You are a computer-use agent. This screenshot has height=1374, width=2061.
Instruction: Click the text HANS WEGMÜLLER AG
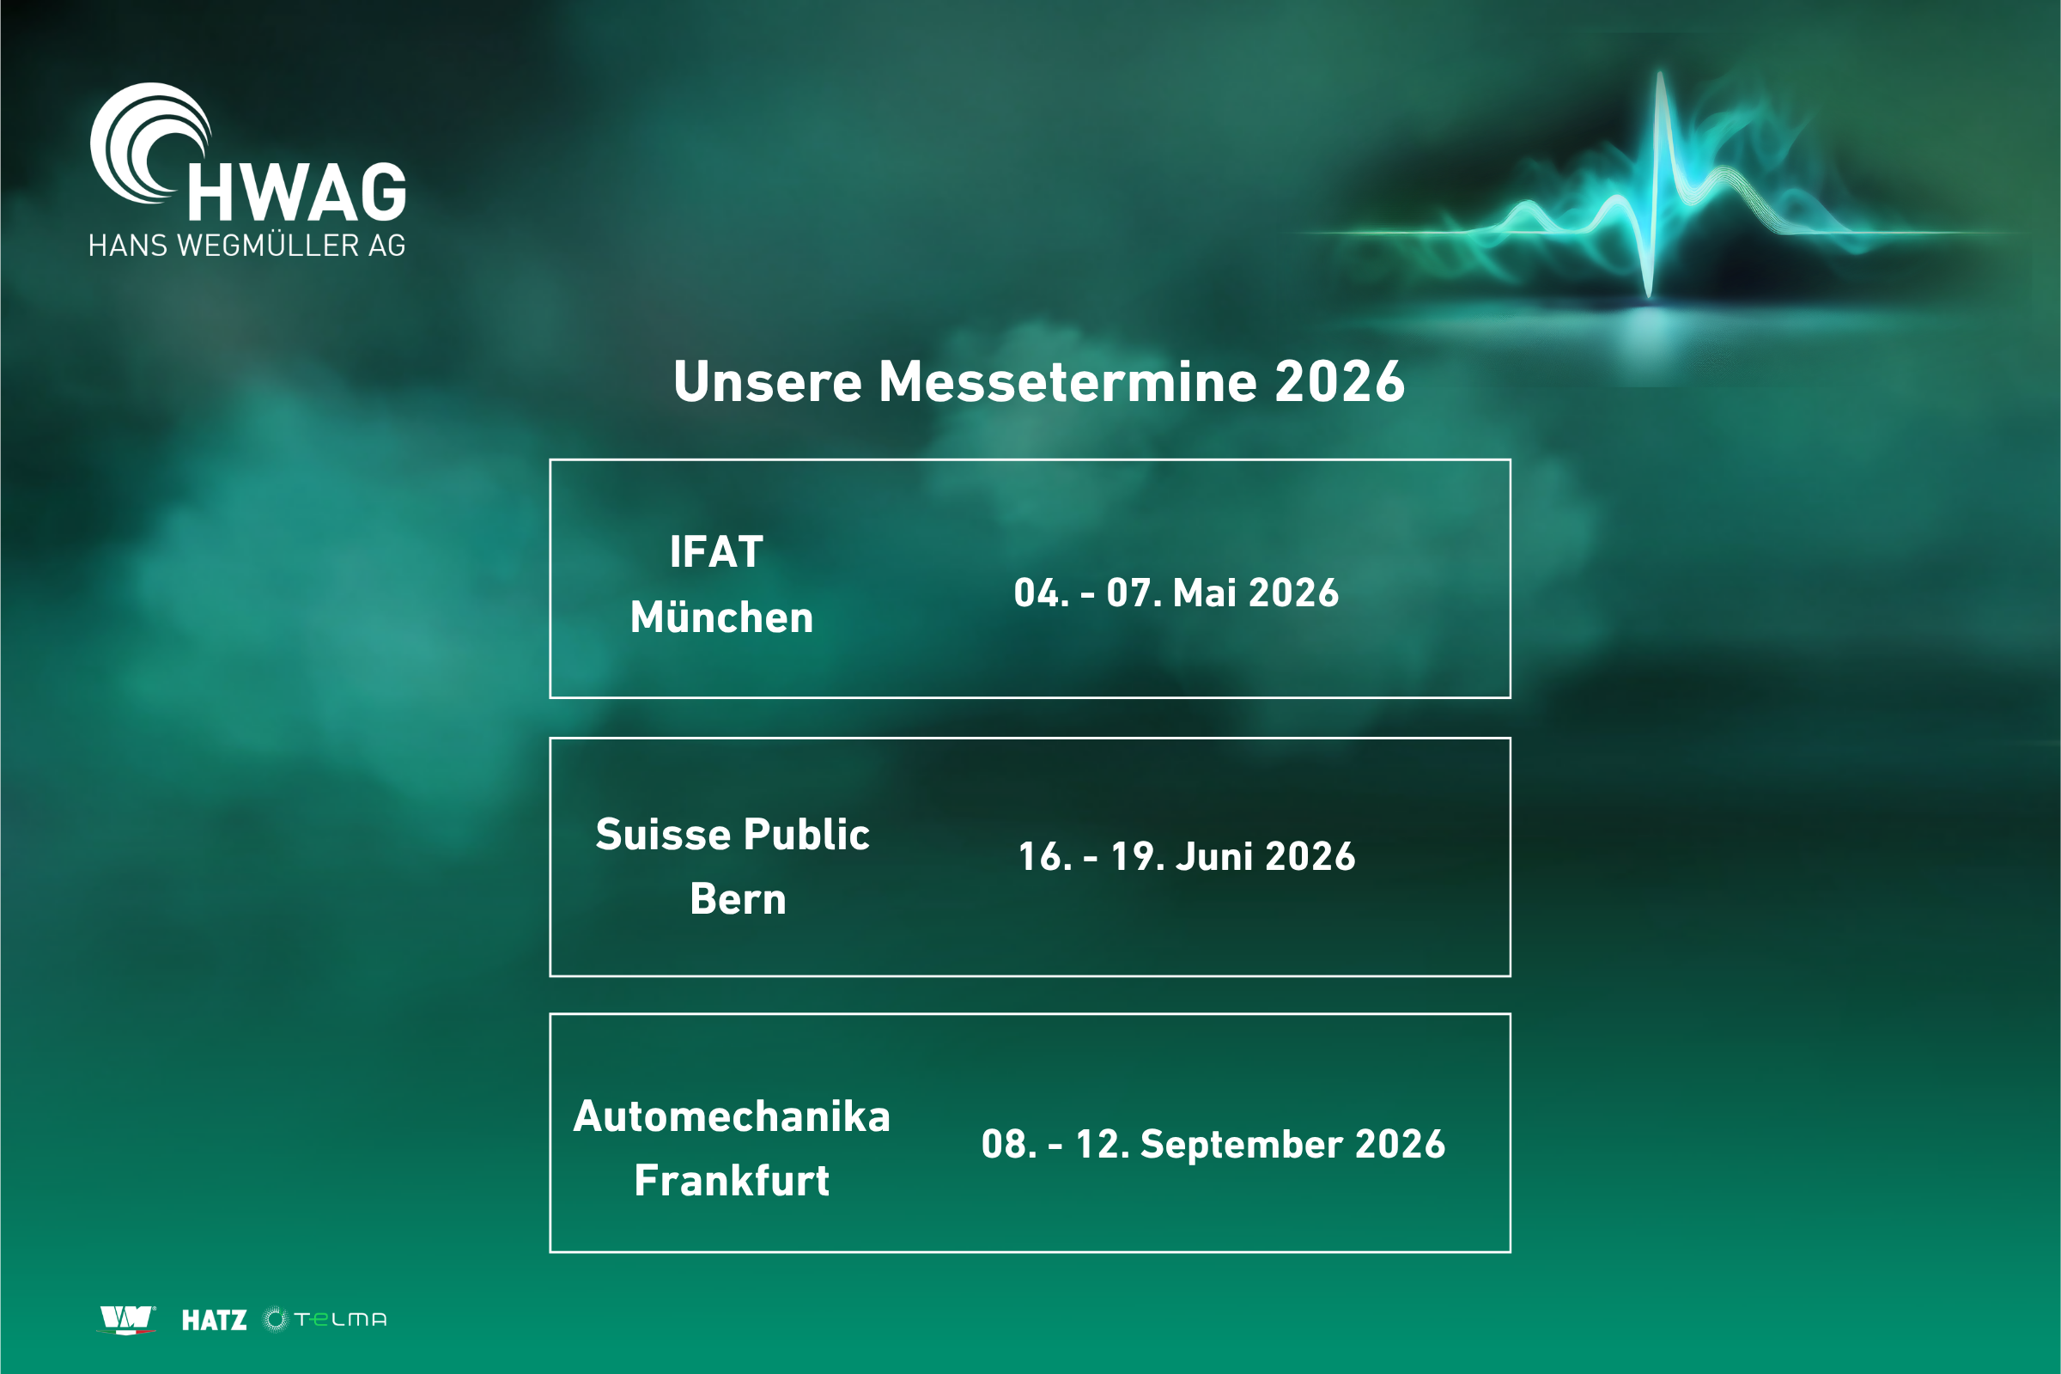[247, 246]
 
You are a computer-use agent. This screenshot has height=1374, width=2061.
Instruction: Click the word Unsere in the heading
[768, 382]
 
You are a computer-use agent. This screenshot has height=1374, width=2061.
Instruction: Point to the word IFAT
[716, 552]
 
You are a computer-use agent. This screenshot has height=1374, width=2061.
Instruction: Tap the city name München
[721, 617]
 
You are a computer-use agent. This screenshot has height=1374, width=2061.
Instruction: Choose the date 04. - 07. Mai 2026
[1176, 593]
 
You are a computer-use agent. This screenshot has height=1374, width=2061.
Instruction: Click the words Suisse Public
[733, 833]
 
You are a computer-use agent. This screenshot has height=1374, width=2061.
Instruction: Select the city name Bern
[738, 899]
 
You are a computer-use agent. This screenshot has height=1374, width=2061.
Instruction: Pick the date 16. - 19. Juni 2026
[1187, 856]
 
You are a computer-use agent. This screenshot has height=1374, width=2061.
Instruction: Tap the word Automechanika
[732, 1116]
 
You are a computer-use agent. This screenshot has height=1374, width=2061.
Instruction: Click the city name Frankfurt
[732, 1180]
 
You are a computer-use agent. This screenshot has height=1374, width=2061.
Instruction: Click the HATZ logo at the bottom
[214, 1321]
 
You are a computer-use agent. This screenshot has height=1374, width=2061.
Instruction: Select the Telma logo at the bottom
[325, 1320]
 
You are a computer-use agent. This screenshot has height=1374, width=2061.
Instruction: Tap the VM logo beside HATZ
[128, 1320]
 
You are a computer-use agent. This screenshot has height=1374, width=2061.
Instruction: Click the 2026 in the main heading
[1340, 382]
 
